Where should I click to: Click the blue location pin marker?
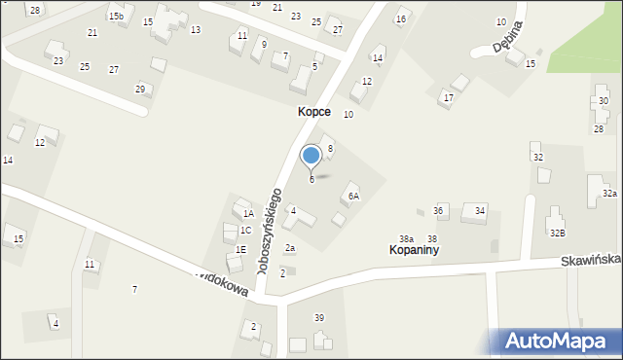(x=311, y=157)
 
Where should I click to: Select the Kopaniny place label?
(x=412, y=250)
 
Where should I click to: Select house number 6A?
(x=354, y=196)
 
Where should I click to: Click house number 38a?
(x=406, y=238)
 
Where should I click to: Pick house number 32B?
(x=557, y=234)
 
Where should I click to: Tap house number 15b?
(x=116, y=17)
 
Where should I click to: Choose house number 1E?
(x=240, y=249)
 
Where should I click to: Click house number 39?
(x=318, y=318)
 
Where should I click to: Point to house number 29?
(x=140, y=89)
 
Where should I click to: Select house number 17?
(x=448, y=97)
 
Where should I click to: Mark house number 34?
(x=480, y=211)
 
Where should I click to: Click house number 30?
(x=604, y=101)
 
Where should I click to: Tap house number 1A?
(x=248, y=213)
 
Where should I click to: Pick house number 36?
(x=439, y=211)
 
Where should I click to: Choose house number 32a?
(x=609, y=194)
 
